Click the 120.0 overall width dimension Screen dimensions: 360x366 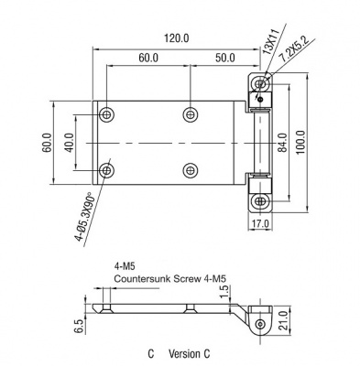(177, 38)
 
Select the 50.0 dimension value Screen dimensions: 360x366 (225, 58)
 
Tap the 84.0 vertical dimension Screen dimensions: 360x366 (282, 143)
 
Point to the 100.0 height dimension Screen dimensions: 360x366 (300, 142)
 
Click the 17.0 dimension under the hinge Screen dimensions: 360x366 (260, 223)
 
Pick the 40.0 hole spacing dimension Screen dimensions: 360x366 (70, 143)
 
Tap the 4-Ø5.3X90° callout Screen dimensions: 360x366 (84, 217)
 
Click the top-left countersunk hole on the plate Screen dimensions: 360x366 (106, 115)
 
